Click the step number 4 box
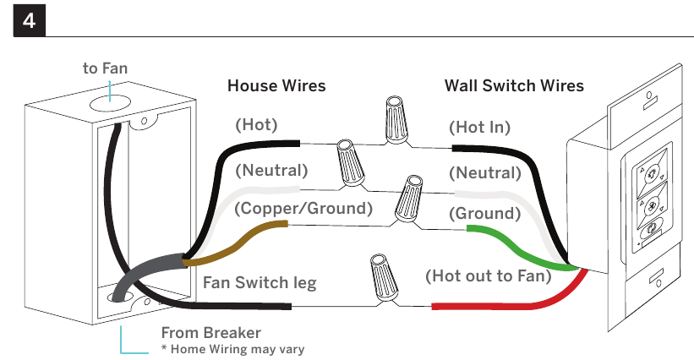coord(30,20)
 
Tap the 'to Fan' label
coord(106,68)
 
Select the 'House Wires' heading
coord(276,86)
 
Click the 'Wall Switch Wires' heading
coord(514,86)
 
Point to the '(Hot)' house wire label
coord(256,125)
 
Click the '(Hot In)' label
coord(480,128)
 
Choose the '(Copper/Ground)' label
coord(303,208)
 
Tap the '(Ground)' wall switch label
coord(484,214)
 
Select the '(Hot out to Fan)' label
coord(489,276)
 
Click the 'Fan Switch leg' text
coord(260,282)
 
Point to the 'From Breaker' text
coord(211,333)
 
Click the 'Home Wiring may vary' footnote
coord(233,349)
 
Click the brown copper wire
coord(235,243)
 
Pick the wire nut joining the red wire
coord(383,280)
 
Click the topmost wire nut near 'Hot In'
coord(396,120)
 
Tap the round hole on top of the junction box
coord(111,103)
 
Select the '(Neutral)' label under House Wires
coord(271,171)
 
